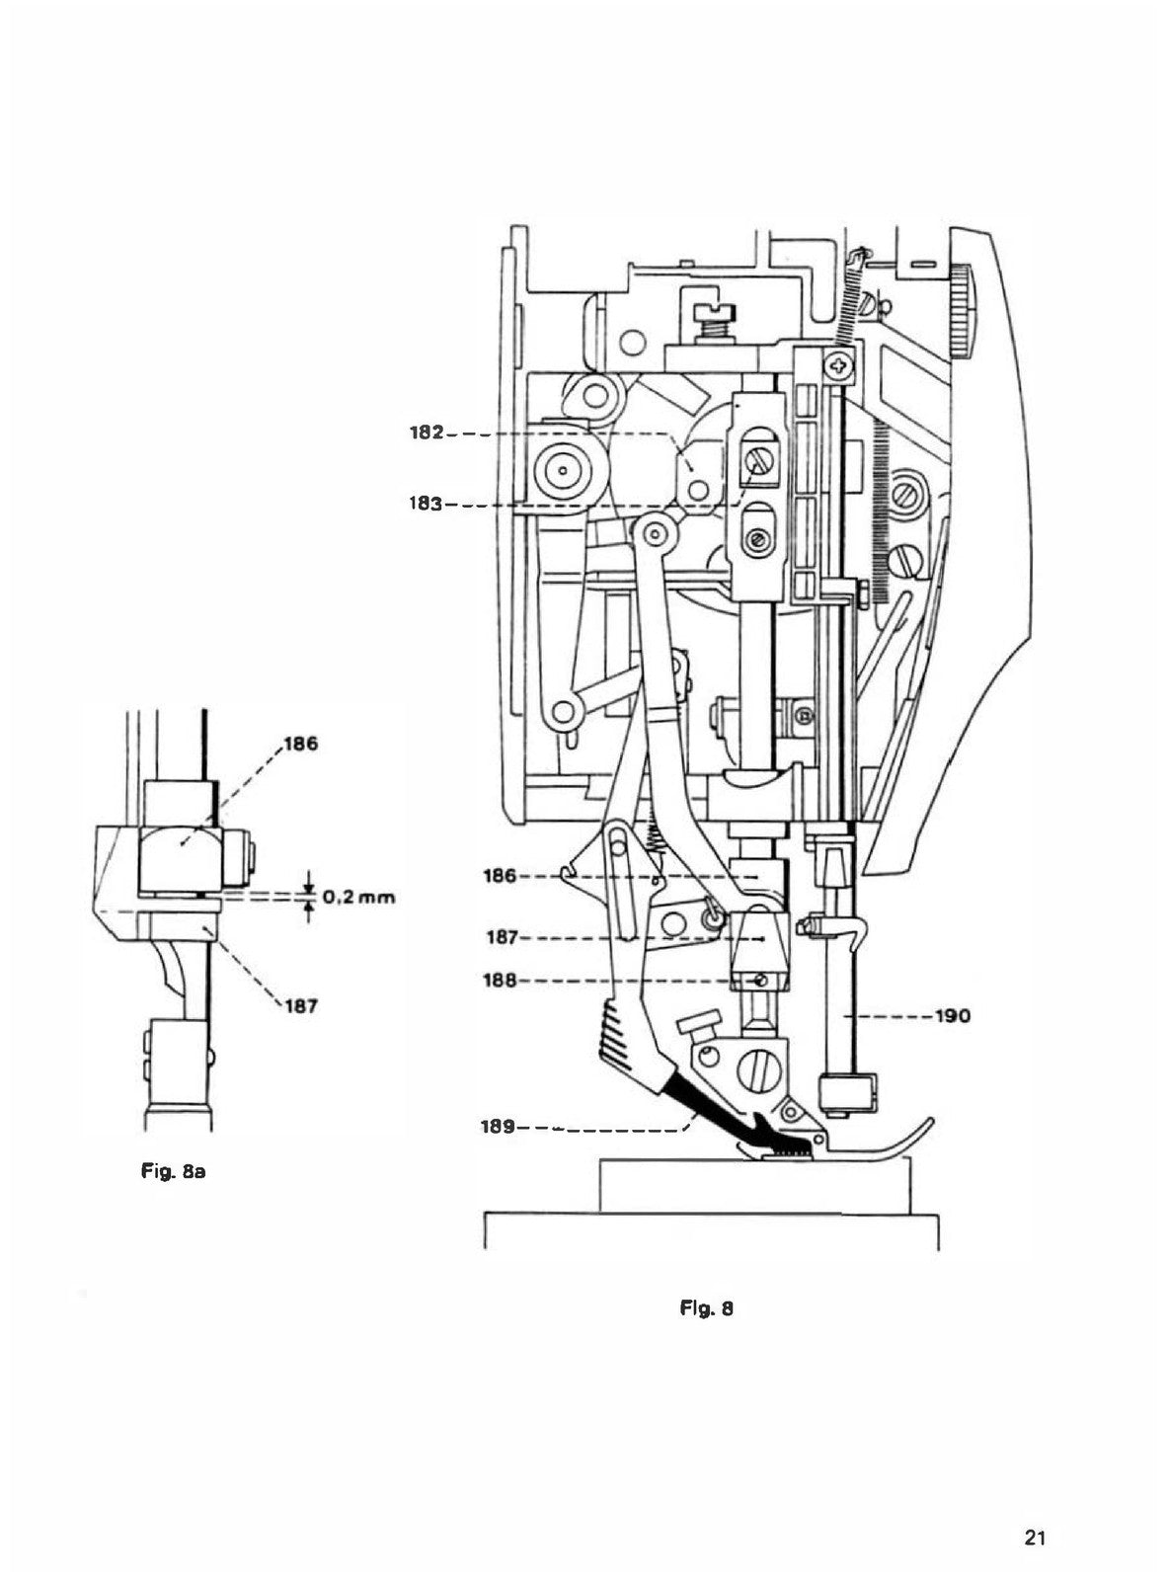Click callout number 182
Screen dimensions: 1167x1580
[x=427, y=433]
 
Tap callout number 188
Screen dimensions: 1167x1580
[x=501, y=981]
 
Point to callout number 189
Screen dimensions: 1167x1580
[x=497, y=1127]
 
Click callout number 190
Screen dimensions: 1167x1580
[x=953, y=1016]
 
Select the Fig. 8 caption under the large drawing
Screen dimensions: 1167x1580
[x=707, y=1307]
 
